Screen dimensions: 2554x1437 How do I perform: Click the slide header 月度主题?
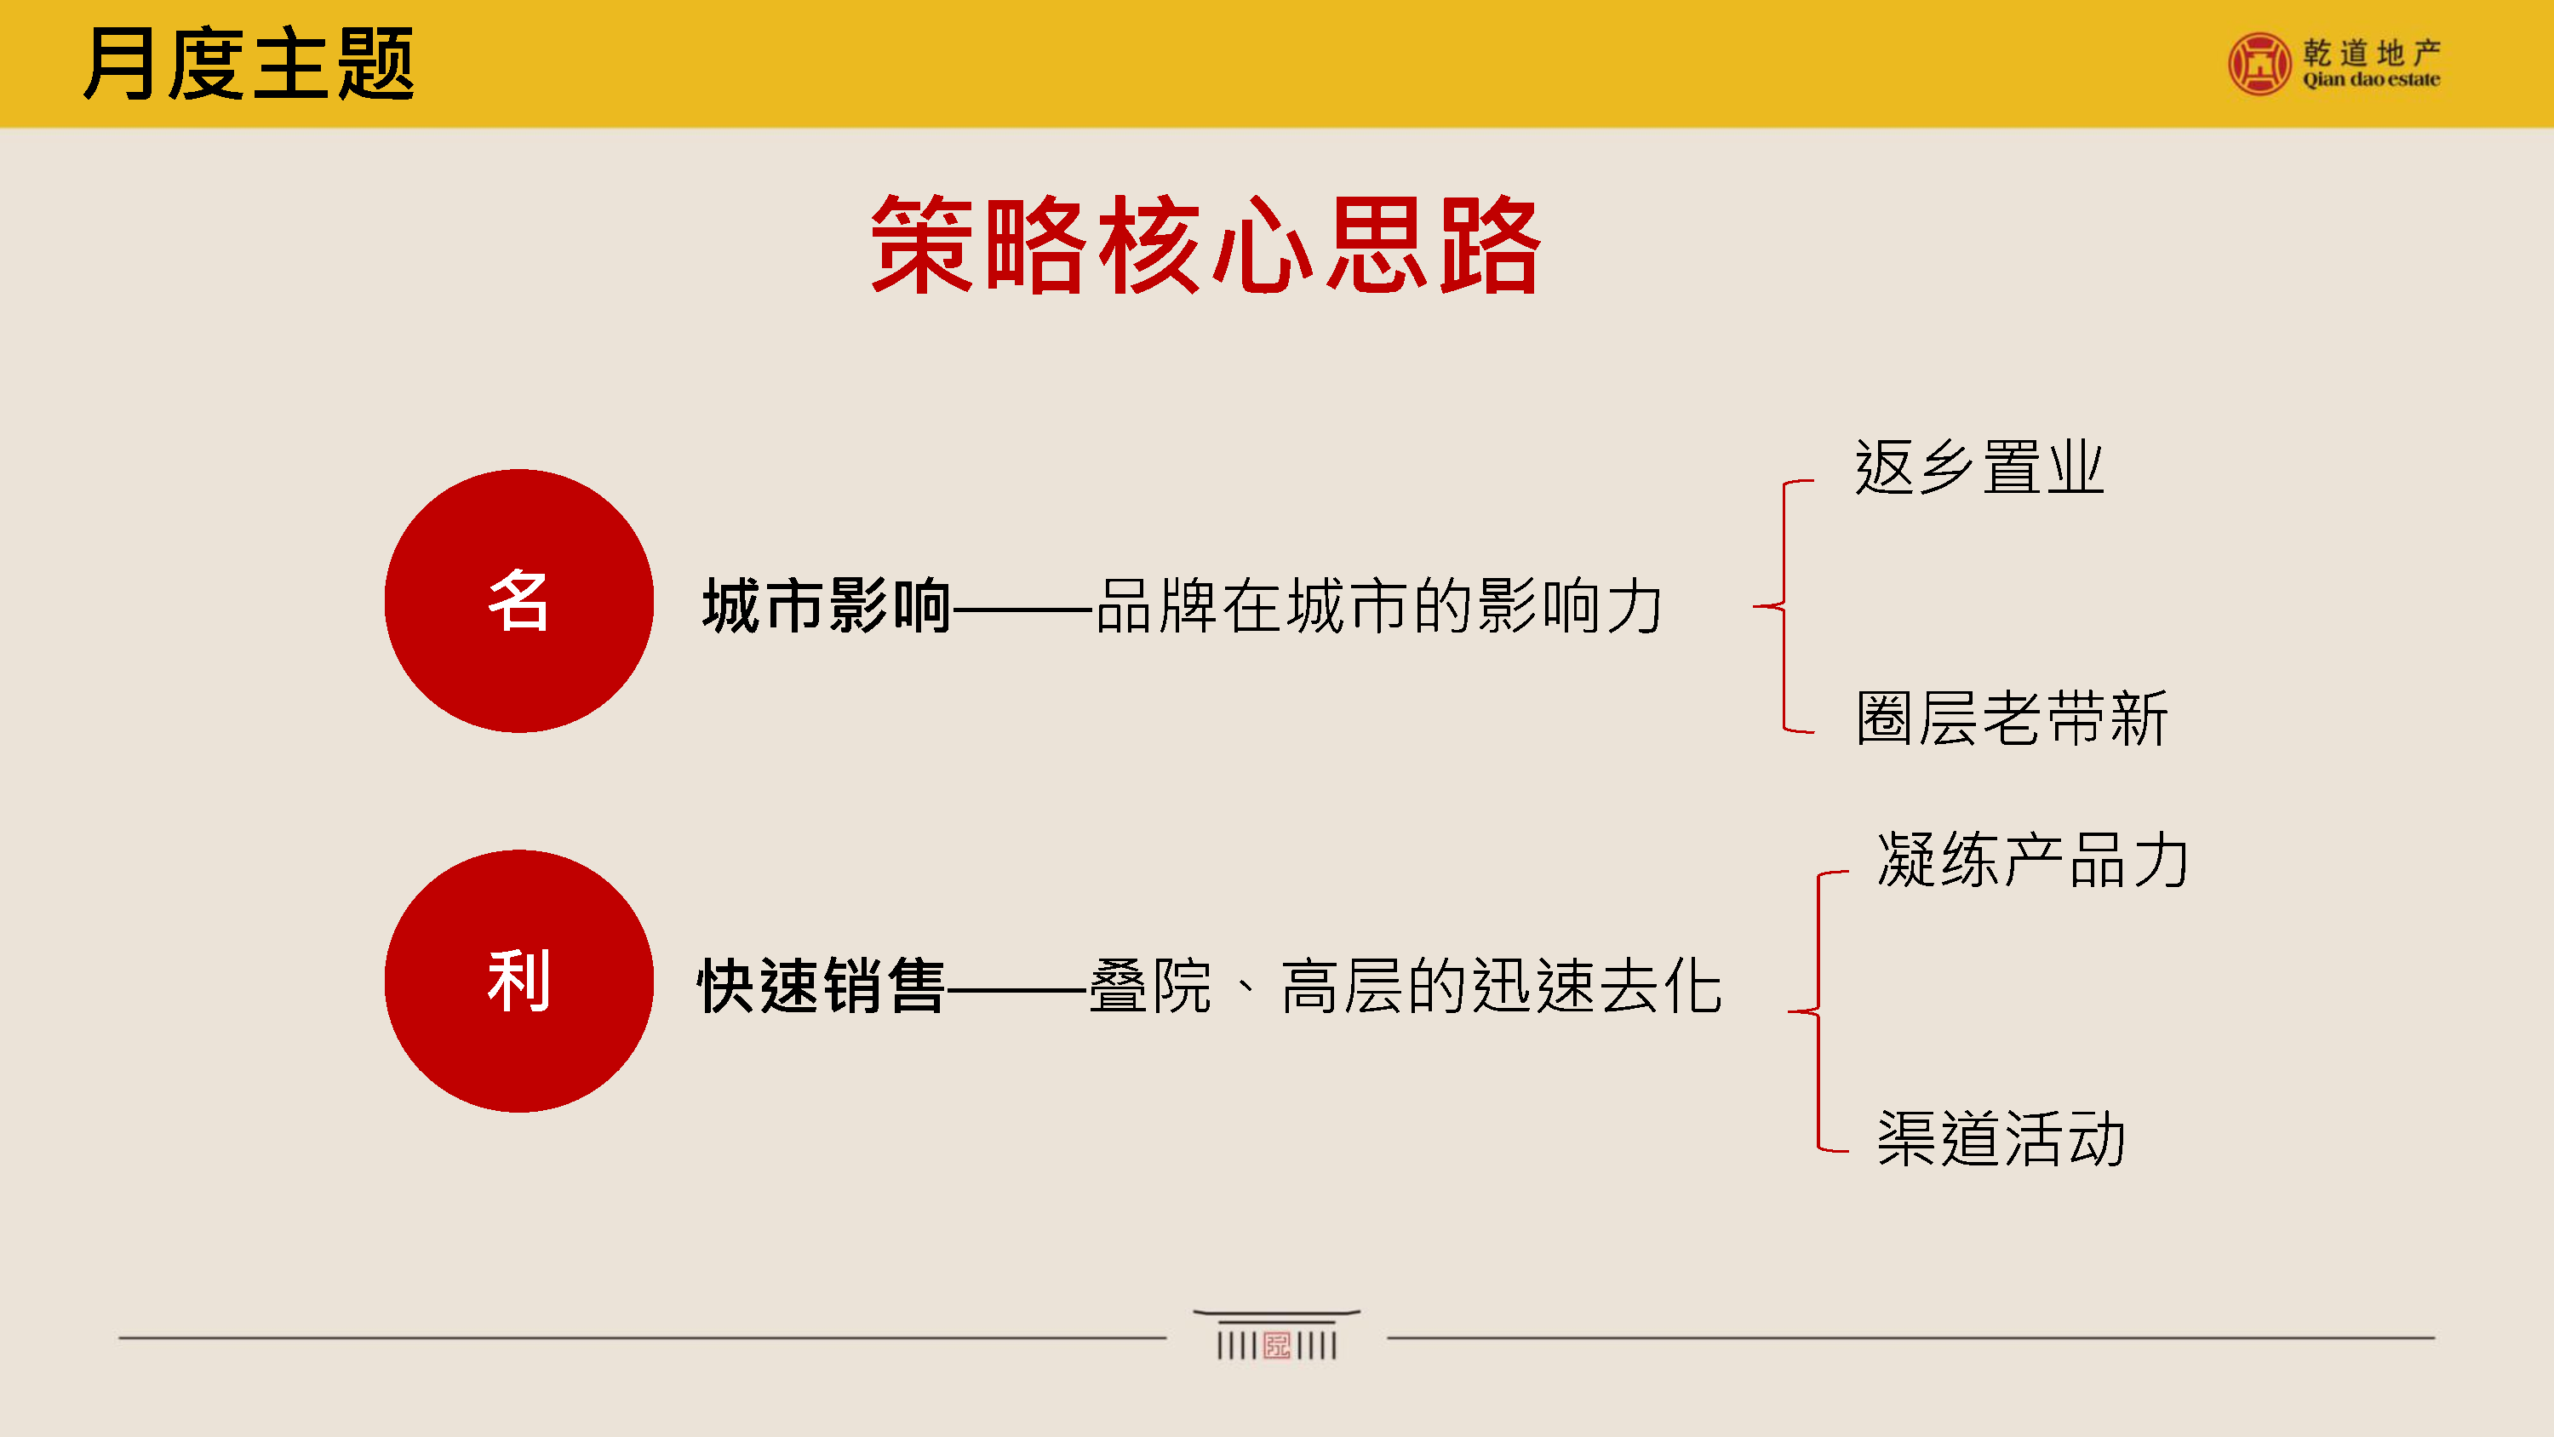coord(249,64)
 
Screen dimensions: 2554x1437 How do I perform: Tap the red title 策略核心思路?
coord(1205,244)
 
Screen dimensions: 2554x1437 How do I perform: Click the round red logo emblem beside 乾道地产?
coord(2259,65)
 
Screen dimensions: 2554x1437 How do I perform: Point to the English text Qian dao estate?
coord(2372,79)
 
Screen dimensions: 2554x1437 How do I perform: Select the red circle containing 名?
coord(518,601)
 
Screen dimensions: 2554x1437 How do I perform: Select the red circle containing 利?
coord(518,981)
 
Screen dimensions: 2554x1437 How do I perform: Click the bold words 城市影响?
coord(827,605)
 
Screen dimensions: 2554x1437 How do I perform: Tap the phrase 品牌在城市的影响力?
coord(1379,605)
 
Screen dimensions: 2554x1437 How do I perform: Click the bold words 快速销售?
coord(821,986)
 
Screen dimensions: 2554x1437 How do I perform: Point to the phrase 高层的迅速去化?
coord(1501,986)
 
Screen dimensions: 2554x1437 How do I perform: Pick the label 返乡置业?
coord(1979,467)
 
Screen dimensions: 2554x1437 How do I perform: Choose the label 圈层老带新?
coord(2012,718)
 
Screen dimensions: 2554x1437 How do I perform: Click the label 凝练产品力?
coord(2032,859)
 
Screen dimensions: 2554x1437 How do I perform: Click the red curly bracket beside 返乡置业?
coord(1784,606)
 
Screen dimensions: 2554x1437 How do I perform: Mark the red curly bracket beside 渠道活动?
coord(1818,1011)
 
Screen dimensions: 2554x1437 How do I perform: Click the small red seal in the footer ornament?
coord(1277,1346)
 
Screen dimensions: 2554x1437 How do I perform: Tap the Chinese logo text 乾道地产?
coord(2372,52)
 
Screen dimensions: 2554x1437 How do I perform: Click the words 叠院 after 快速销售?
coord(1150,986)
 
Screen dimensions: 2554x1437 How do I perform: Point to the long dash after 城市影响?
coord(1023,607)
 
